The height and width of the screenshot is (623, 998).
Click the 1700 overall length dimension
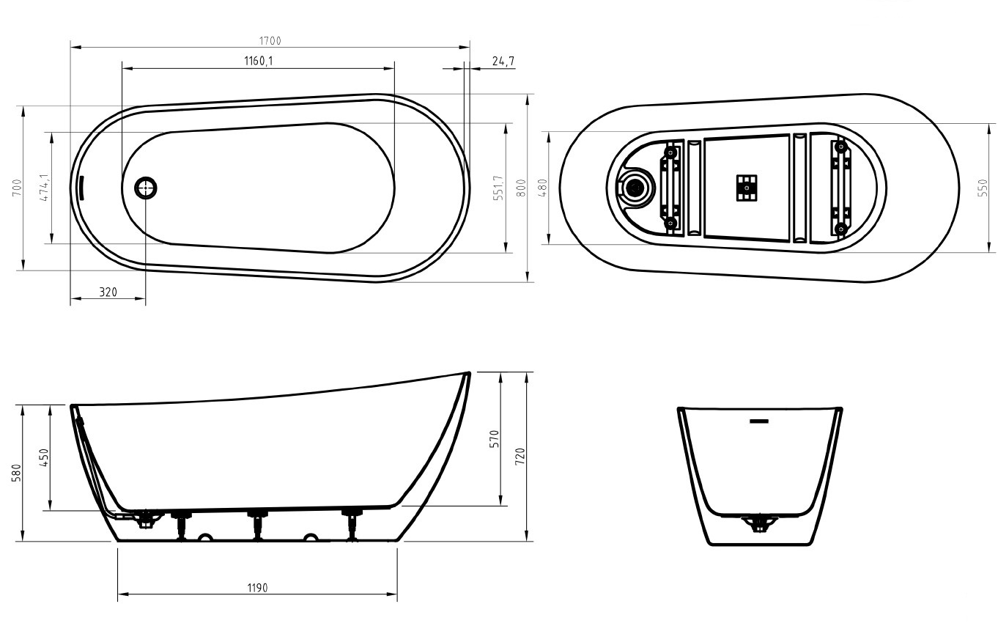(270, 41)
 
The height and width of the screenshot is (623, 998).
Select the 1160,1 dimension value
(259, 61)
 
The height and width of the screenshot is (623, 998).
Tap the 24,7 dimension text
(502, 61)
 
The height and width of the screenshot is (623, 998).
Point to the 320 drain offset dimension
(108, 292)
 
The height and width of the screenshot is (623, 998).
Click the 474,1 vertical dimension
(44, 188)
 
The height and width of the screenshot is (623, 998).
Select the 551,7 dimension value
(499, 188)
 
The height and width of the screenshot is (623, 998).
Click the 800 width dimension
(521, 188)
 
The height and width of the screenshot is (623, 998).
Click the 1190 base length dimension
(257, 588)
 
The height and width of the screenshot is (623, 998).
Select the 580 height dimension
(17, 473)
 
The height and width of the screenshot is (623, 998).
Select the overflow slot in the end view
(758, 421)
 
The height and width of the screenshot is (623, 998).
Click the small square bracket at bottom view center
(747, 188)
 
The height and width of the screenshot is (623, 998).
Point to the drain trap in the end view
(759, 523)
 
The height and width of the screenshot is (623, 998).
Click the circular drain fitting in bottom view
(635, 188)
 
